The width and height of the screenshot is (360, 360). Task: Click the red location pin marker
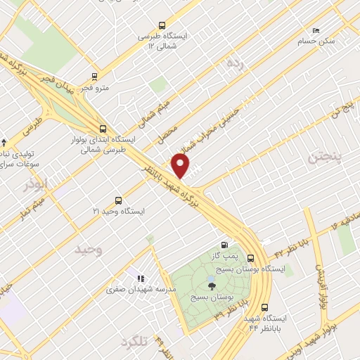(x=181, y=166)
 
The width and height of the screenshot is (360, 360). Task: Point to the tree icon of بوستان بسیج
(x=212, y=285)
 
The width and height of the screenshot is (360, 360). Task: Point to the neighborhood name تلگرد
(x=136, y=342)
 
